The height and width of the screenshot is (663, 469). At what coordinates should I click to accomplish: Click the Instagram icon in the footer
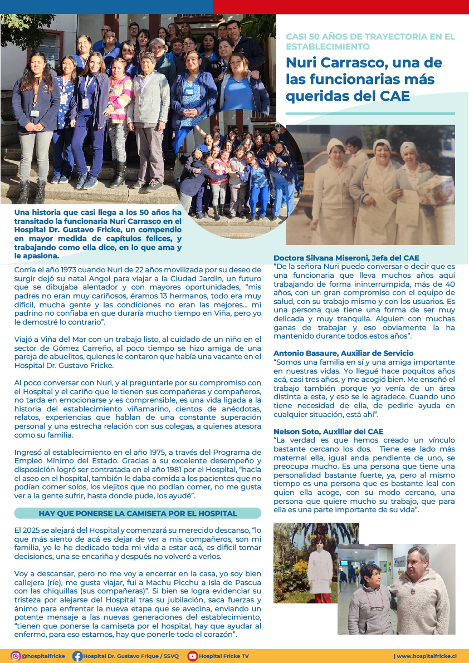coord(16,656)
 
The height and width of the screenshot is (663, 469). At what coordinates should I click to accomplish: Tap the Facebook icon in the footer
coord(77,656)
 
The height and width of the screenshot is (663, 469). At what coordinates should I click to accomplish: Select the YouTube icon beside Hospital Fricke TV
coord(193,656)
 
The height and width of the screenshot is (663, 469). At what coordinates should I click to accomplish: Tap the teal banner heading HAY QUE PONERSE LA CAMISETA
coord(138,513)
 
